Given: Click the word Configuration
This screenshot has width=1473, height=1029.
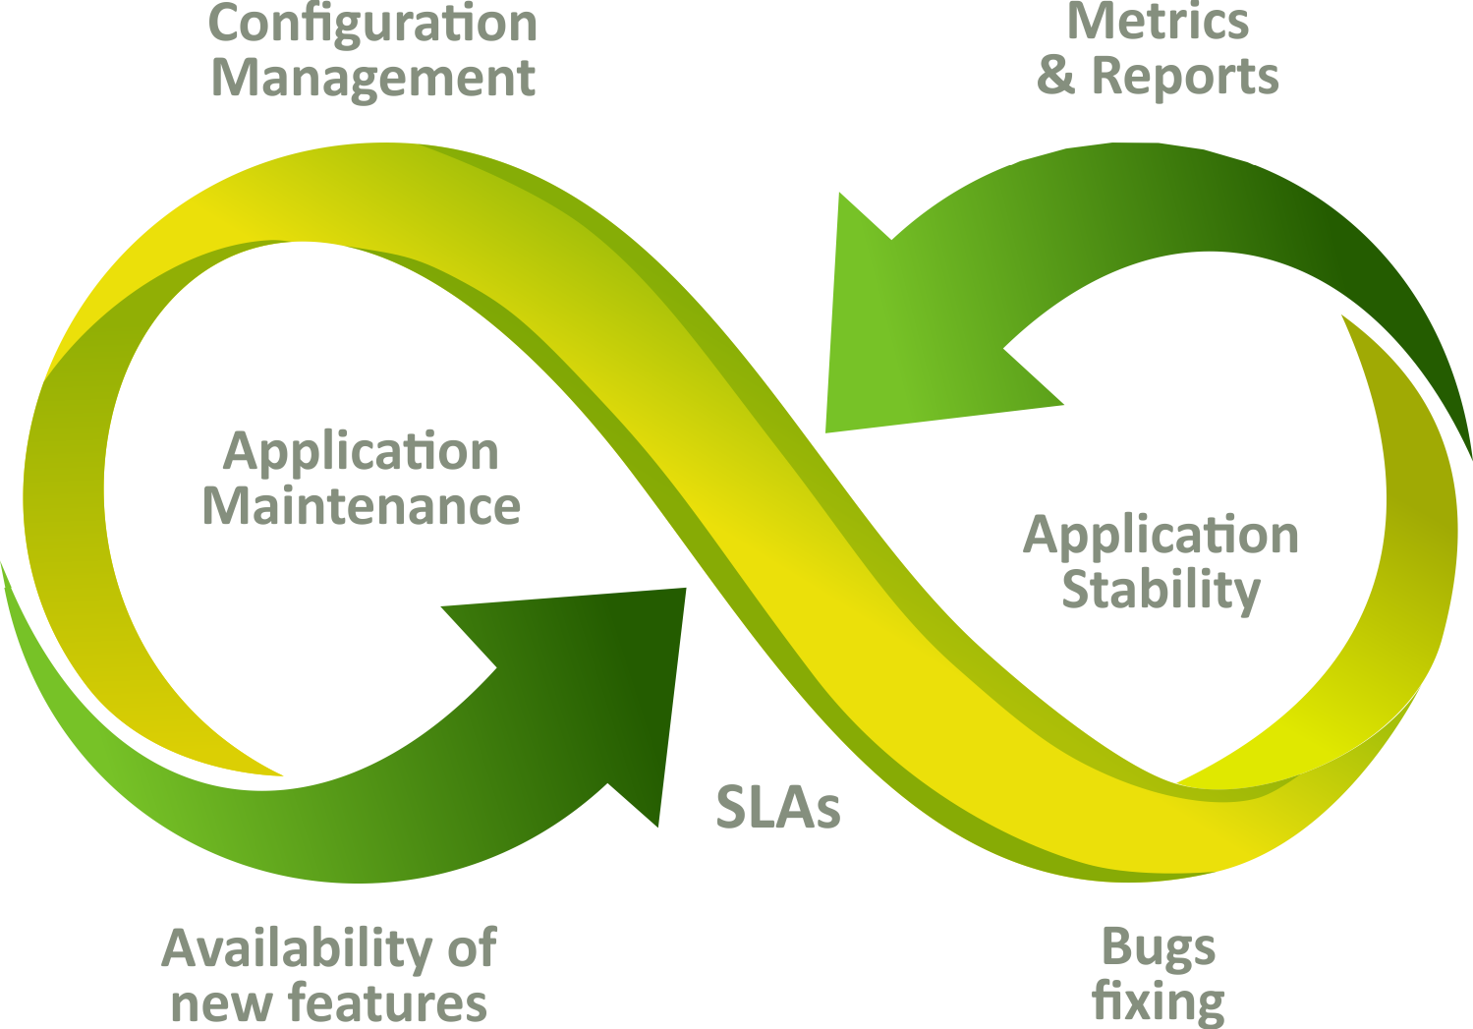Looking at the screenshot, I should coord(373,24).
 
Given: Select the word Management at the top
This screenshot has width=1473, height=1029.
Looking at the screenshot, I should coord(373,79).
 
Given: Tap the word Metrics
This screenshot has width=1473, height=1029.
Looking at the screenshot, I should coord(1158,22).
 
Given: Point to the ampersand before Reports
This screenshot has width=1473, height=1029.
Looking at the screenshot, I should coord(1056,77).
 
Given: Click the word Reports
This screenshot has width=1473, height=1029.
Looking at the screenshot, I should coord(1185,77).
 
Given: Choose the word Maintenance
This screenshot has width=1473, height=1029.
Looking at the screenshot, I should coord(362,506).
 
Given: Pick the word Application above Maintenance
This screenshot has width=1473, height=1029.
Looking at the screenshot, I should coord(362,453).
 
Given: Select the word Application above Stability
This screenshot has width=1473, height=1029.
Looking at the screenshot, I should coord(1161,537).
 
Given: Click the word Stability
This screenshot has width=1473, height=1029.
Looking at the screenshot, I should coord(1161,590).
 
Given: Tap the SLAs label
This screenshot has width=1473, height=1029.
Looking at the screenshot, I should coord(777,808).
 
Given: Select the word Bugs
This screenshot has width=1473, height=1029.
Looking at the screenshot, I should coord(1159,947).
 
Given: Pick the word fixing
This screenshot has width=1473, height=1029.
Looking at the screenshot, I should coord(1159,1002).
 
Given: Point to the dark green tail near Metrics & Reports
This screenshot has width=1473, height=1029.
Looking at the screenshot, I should coord(1395,295).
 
